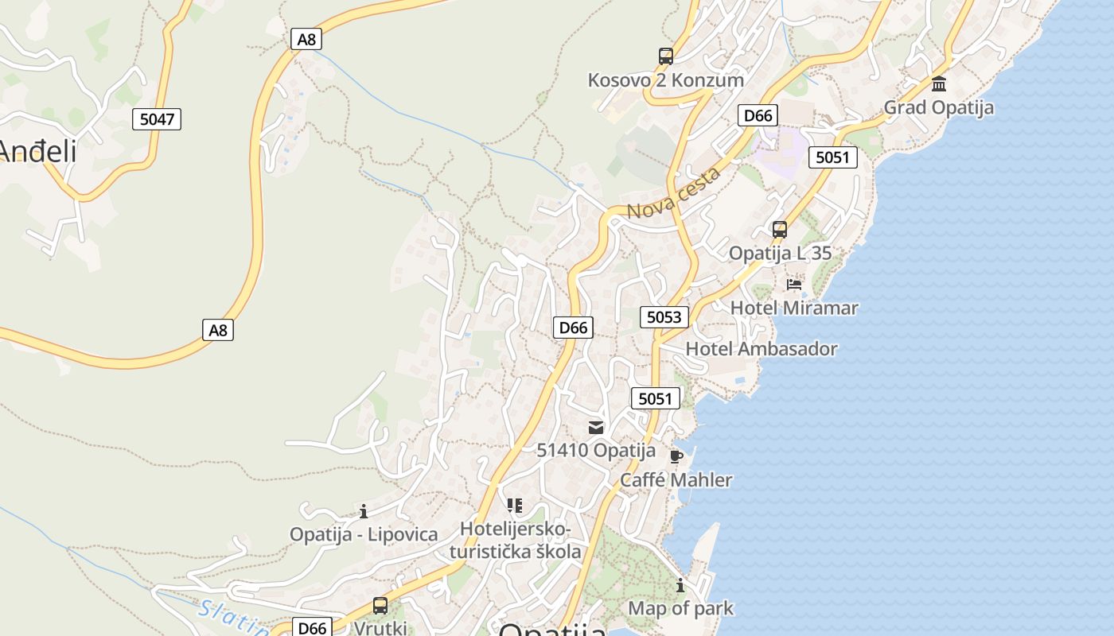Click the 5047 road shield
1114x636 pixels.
(x=157, y=119)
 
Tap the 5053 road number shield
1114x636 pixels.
(x=664, y=317)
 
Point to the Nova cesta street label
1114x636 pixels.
(x=674, y=195)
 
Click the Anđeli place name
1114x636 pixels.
(x=38, y=151)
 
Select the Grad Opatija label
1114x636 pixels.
(x=939, y=107)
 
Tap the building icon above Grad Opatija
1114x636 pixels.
(x=939, y=83)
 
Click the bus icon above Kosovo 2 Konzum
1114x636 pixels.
(x=666, y=56)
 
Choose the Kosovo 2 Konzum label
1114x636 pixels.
(x=666, y=80)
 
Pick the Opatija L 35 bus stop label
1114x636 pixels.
(x=780, y=254)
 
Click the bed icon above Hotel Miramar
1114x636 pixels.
(x=794, y=284)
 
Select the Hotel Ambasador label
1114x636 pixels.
(x=761, y=349)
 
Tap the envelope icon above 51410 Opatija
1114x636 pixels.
(x=596, y=428)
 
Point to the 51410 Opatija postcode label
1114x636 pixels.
(x=596, y=451)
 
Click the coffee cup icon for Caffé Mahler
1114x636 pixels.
(x=676, y=456)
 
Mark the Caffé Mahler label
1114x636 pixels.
(x=676, y=480)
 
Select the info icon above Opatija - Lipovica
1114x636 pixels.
(x=364, y=511)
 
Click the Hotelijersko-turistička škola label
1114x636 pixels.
(x=516, y=541)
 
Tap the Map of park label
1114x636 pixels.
(x=681, y=609)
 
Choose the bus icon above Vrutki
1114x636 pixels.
(x=380, y=606)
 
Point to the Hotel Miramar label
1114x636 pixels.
(x=794, y=308)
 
